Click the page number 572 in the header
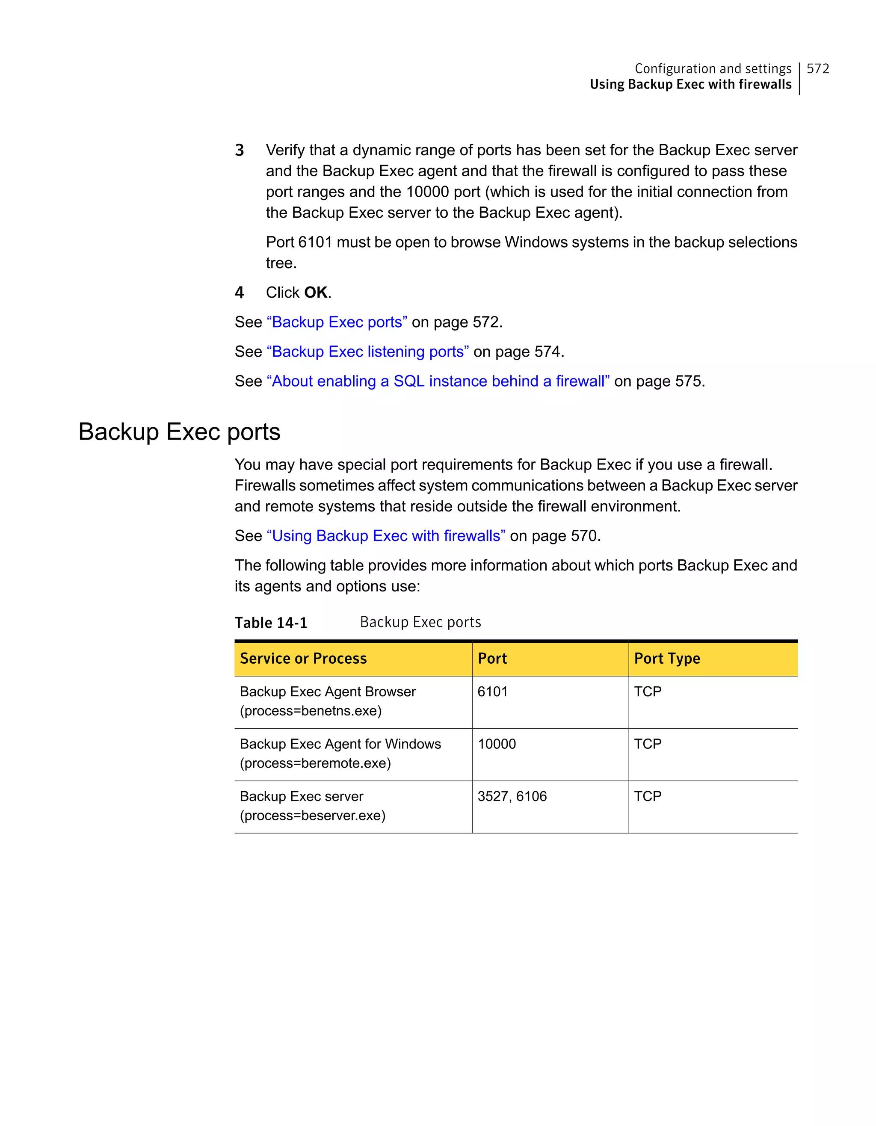point(817,68)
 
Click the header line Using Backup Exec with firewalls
point(690,85)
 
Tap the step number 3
point(239,150)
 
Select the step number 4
point(239,293)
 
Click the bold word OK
point(316,293)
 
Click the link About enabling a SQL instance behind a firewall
point(438,381)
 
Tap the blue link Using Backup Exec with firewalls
point(386,536)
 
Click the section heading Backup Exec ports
point(179,431)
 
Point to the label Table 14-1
point(271,623)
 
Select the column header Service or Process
point(303,659)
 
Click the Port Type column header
point(667,659)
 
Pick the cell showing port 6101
point(492,692)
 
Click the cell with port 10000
point(497,744)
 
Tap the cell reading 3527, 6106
point(512,797)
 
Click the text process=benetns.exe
point(311,711)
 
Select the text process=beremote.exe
point(315,763)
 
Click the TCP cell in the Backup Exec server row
point(648,797)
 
